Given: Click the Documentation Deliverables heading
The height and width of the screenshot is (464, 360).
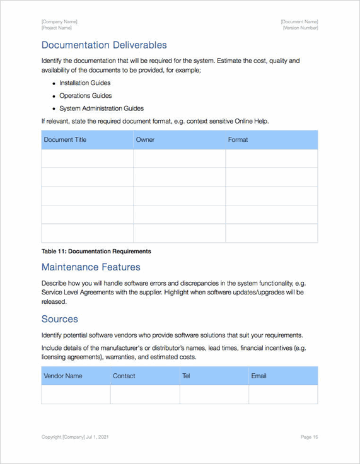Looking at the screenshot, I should (104, 45).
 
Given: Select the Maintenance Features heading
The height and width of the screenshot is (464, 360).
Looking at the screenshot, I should (91, 267).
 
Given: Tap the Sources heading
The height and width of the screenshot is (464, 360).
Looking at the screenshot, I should (60, 319).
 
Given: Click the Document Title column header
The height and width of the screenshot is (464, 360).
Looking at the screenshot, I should (65, 139).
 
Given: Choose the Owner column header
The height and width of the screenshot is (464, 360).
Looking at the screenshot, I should (145, 139).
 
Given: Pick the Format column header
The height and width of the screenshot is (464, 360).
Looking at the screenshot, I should (238, 139).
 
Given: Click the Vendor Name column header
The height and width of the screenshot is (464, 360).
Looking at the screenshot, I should (63, 376).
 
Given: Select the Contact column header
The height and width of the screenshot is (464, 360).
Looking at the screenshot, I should (124, 376).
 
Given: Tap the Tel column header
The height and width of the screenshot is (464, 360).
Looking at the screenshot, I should (186, 376).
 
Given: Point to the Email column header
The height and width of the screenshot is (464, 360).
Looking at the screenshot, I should (259, 376).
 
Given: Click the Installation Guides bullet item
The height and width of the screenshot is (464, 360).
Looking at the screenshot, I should (84, 83).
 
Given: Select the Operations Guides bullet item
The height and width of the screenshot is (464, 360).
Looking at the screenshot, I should (85, 96).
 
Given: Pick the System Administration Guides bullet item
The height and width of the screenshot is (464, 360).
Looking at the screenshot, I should (101, 108).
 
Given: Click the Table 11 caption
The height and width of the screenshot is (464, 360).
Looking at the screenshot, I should (96, 251).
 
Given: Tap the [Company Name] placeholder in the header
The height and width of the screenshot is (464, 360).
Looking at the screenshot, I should (59, 22).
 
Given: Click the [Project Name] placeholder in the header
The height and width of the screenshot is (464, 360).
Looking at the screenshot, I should (57, 28).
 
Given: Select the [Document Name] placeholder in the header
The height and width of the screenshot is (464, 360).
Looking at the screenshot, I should (299, 22).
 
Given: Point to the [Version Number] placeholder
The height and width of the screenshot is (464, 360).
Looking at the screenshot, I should (300, 28).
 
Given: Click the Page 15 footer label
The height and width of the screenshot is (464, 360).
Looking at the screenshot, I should (309, 436).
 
